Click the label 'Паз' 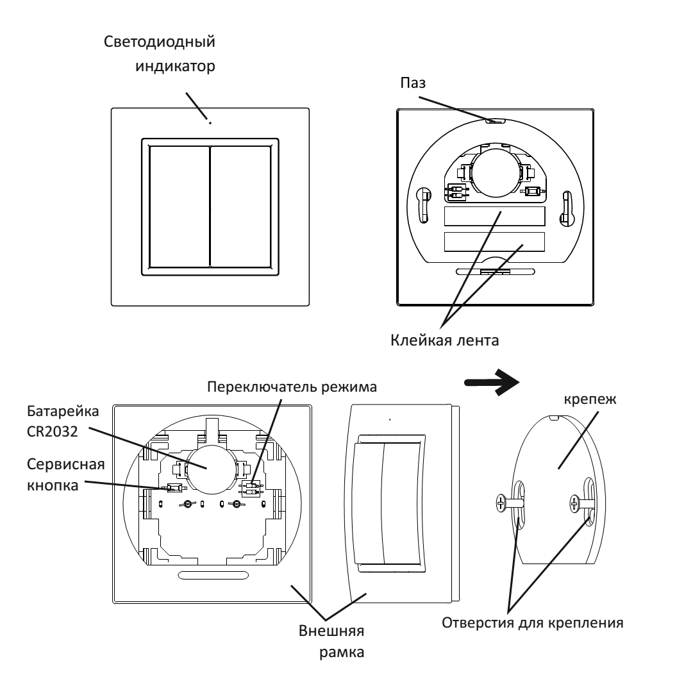coord(413,83)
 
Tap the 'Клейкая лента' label coord(445,340)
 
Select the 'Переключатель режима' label coord(292,387)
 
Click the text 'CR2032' coord(52,431)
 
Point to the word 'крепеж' coord(590,399)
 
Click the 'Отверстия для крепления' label coord(533,622)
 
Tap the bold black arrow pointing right coord(492,382)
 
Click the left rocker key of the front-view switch coord(179,207)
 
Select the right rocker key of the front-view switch coord(241,207)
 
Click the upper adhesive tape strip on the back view coord(494,217)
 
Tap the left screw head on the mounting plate coord(501,503)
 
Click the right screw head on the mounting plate coord(574,504)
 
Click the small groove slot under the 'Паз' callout coord(496,121)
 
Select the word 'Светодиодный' coord(160,42)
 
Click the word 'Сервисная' coord(66,465)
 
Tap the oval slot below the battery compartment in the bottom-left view coord(213,575)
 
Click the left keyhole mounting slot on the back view coord(424,205)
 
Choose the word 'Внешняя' coord(331,631)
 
